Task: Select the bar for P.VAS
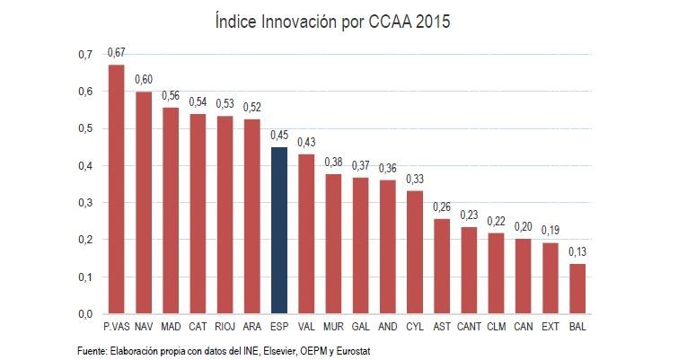click(116, 189)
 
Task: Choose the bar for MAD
click(171, 210)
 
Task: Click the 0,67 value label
click(116, 53)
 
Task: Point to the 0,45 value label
click(279, 135)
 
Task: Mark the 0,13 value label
click(578, 252)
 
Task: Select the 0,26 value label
click(442, 206)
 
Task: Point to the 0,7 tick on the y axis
click(85, 55)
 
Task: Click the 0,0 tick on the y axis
click(85, 314)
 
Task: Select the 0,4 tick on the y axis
click(85, 166)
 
